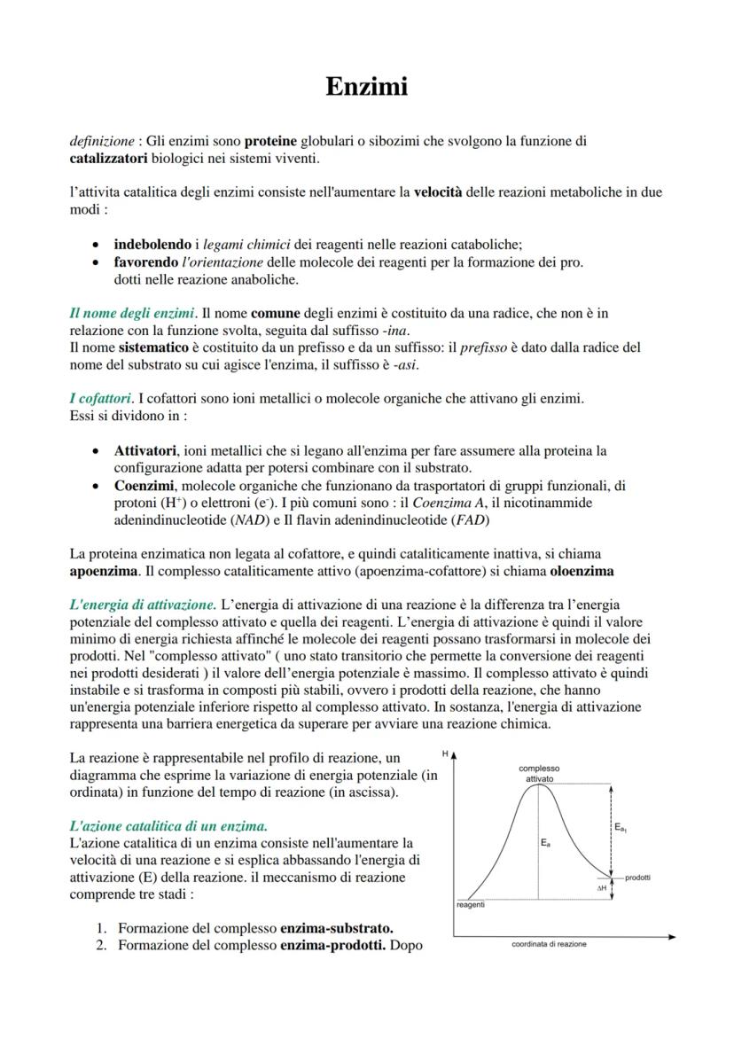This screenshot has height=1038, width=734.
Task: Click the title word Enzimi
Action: [x=366, y=87]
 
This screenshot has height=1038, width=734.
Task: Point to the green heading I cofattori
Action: [x=100, y=399]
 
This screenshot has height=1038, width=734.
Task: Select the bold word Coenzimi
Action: [x=145, y=485]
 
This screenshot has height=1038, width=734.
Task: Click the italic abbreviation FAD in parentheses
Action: [x=470, y=519]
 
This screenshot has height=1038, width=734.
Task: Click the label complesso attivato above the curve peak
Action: [x=539, y=772]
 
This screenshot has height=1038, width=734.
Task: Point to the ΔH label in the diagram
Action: [x=600, y=886]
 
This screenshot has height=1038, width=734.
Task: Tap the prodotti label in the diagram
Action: [x=637, y=877]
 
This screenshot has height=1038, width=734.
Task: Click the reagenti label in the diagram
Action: [x=470, y=905]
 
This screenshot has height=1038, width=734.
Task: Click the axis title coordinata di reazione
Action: [x=549, y=945]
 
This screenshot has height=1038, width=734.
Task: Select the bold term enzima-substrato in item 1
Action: [x=336, y=928]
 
